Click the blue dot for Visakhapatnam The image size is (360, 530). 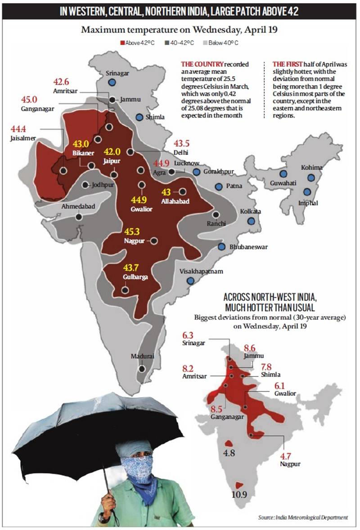point(191,281)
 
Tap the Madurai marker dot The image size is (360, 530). point(142,368)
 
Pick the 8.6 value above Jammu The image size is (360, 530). point(250,348)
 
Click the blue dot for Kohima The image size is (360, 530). point(310,177)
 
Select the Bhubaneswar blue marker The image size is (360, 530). point(222,247)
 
